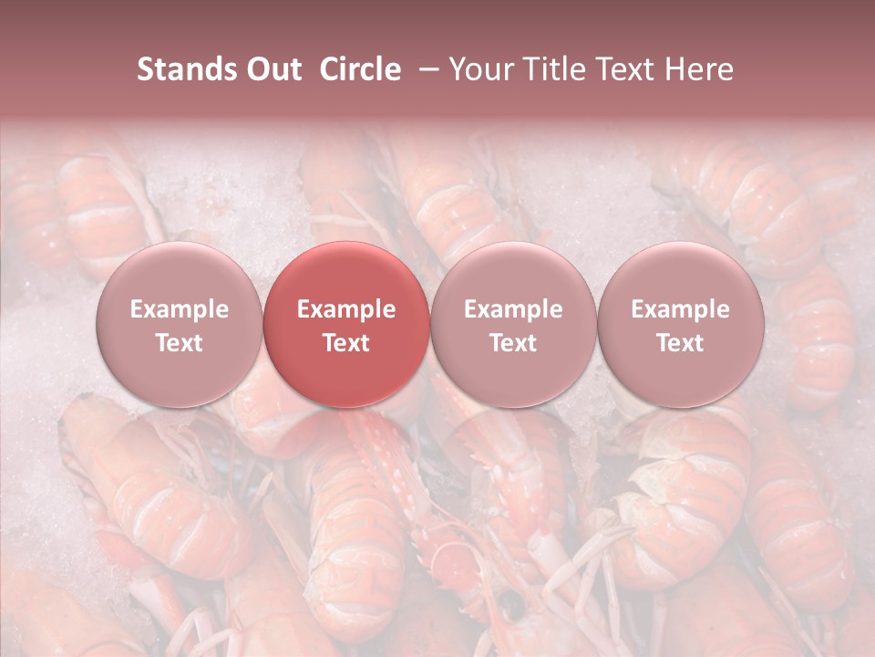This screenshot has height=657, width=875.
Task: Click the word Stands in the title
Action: click(182, 69)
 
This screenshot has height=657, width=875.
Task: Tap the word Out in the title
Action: click(271, 69)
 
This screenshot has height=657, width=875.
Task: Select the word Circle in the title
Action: click(360, 69)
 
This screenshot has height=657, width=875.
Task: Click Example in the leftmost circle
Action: click(180, 309)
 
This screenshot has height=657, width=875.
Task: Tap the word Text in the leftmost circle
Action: click(180, 343)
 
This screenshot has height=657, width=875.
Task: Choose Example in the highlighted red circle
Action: click(346, 309)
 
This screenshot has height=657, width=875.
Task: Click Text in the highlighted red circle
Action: click(346, 343)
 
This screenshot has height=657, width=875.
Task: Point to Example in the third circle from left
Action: click(513, 309)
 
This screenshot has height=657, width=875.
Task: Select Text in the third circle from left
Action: click(513, 343)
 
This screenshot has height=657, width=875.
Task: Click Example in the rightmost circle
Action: click(680, 309)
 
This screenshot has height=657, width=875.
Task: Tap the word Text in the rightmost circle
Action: click(680, 343)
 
